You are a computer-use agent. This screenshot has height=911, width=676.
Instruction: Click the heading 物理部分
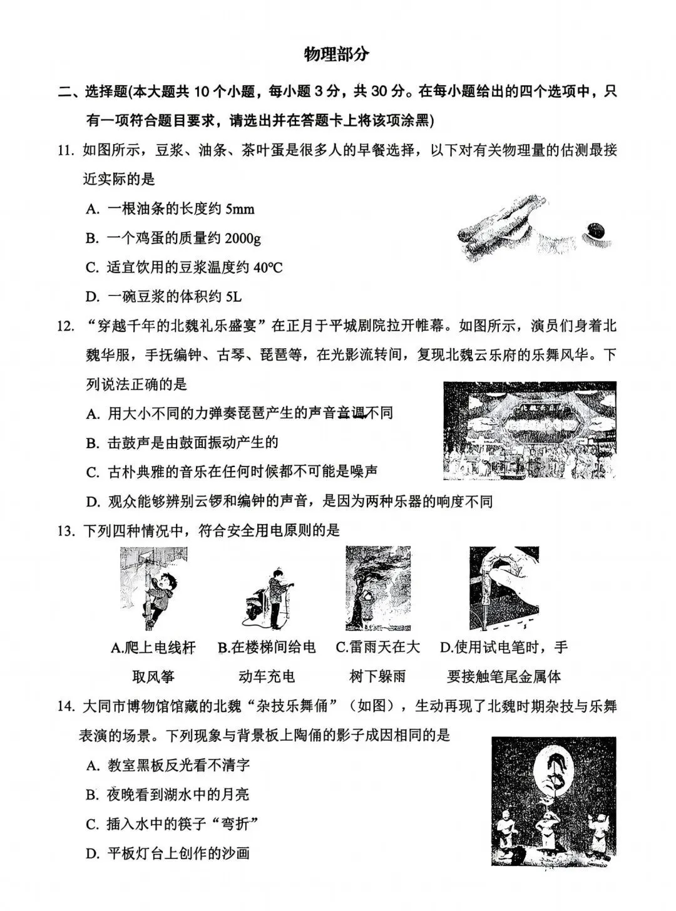coord(337,54)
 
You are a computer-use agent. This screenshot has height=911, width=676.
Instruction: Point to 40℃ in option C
coord(268,268)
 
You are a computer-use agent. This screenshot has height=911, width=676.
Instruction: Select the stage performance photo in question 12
coord(529,430)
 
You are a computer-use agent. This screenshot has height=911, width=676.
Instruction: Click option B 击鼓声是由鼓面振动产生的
coord(182,443)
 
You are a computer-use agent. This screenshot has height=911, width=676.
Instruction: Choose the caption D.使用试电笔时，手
coord(503,647)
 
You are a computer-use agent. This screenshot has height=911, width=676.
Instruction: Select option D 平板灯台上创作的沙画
coord(168,853)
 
